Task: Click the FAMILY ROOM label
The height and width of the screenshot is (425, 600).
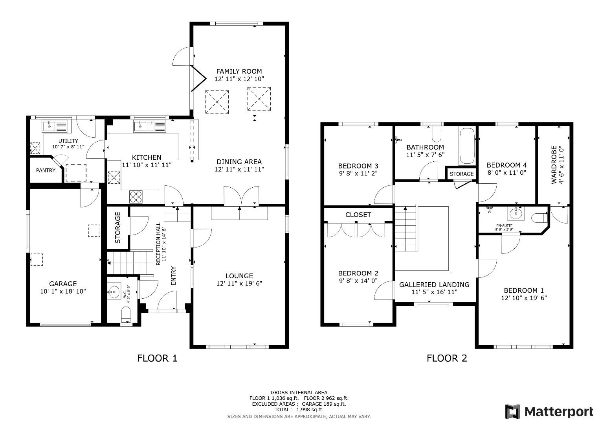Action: click(x=239, y=71)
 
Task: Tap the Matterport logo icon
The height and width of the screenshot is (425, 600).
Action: click(x=513, y=412)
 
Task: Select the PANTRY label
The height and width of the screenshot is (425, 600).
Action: click(x=46, y=170)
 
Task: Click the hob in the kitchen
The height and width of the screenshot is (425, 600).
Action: click(x=136, y=196)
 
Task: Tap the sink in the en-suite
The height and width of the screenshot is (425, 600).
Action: click(x=516, y=214)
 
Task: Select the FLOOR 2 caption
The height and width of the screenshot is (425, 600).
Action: click(x=447, y=358)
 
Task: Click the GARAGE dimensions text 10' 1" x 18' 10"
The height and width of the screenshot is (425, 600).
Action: click(x=63, y=291)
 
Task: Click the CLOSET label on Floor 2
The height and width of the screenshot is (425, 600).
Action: click(x=358, y=214)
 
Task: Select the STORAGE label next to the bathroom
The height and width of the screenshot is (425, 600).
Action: click(x=461, y=174)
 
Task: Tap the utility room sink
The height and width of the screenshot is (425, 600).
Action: click(x=55, y=126)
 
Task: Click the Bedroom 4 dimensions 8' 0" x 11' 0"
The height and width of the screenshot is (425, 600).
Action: click(x=506, y=172)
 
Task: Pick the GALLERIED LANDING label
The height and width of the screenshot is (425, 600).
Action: click(x=434, y=285)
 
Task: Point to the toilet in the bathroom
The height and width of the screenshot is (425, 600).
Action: click(x=437, y=134)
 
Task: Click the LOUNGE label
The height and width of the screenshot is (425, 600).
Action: click(x=239, y=276)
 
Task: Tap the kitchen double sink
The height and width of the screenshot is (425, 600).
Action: click(x=150, y=126)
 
